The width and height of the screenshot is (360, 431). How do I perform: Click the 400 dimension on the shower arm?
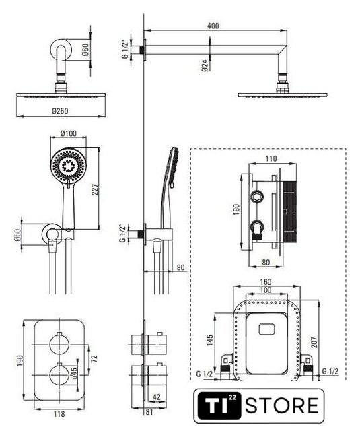[x=213, y=26]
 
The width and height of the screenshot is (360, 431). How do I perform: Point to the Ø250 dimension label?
[x=60, y=111]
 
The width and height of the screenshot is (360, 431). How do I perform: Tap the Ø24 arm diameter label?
[x=205, y=66]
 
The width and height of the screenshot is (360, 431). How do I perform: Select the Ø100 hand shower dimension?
[x=69, y=133]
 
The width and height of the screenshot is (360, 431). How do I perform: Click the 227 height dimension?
[x=95, y=189]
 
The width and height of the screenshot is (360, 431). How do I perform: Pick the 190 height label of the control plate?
[x=20, y=360]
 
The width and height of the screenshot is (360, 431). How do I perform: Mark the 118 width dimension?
[x=59, y=413]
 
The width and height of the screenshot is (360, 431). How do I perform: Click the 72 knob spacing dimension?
[x=94, y=358]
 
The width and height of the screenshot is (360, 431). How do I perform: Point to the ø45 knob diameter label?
[x=75, y=372]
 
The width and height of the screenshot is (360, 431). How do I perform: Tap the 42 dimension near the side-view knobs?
[x=156, y=397]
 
